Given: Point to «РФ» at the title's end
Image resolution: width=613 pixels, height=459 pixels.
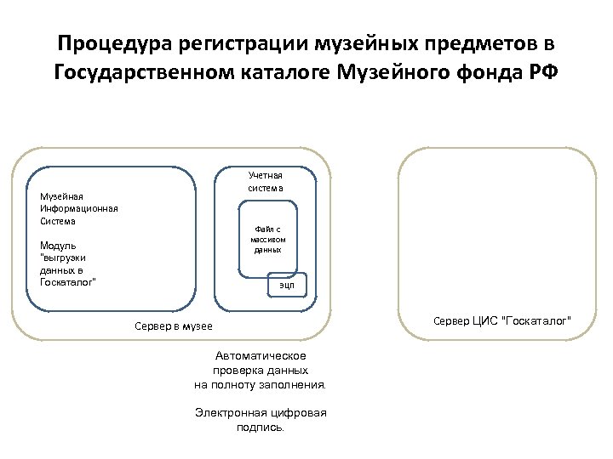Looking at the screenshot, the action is tap(545, 73).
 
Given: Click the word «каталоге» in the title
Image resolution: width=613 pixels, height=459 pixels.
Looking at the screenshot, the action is tap(286, 73).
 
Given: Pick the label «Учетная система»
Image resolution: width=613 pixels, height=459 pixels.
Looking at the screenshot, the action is tap(266, 181).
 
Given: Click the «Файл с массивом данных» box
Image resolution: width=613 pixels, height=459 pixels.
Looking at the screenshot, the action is tap(266, 239).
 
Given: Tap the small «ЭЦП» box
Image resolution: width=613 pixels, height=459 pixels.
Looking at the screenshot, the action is tap(287, 286).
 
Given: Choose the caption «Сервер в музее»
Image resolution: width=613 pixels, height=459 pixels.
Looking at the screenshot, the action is tap(174, 326).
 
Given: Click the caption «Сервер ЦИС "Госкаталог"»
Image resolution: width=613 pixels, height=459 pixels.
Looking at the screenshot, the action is tap(502, 320).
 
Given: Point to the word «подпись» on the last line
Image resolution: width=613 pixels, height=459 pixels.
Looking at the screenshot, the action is tap(259, 427).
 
